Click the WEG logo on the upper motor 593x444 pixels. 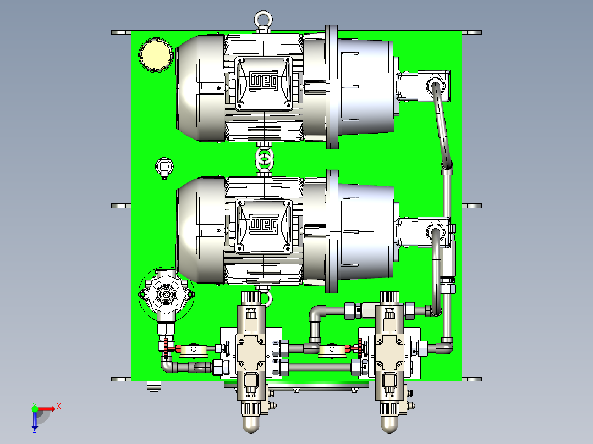263,81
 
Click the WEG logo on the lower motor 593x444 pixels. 263,224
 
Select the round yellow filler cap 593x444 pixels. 156,55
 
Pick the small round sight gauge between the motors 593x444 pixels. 164,166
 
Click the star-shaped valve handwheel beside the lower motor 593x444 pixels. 166,293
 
